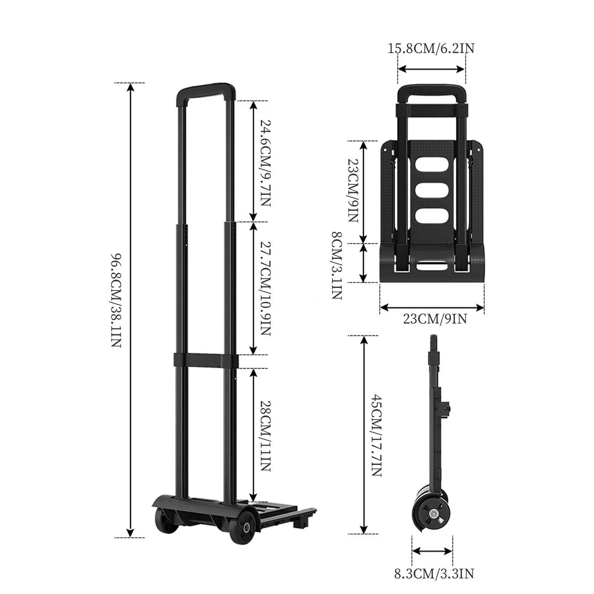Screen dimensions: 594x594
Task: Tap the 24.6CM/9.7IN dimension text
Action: pos(265,163)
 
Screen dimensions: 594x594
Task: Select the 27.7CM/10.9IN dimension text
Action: pos(265,289)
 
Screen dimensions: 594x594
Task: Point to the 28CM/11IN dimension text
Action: pos(265,435)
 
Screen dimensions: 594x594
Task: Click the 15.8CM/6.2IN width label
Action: pos(431,49)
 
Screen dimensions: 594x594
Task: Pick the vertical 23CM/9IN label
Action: pos(353,191)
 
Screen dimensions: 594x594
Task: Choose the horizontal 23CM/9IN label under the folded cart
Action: pos(435,319)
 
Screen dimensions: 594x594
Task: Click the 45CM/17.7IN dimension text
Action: pos(376,435)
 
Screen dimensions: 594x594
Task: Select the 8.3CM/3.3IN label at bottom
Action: pos(434,574)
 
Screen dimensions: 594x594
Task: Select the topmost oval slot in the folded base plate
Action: pos(431,165)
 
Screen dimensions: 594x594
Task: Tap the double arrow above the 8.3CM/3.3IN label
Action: pos(432,551)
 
